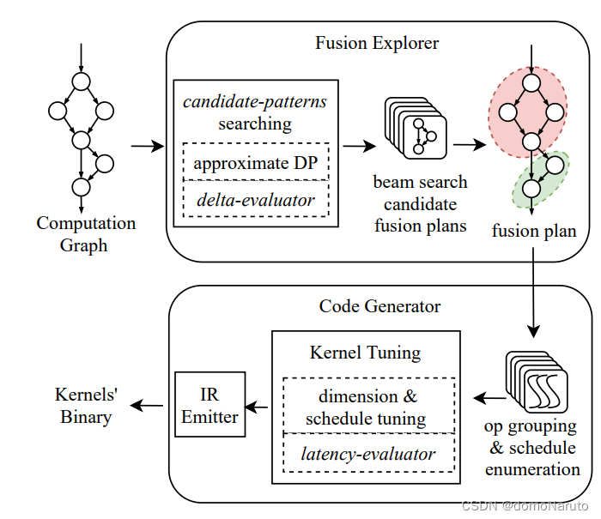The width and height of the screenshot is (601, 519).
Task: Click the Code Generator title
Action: (x=379, y=306)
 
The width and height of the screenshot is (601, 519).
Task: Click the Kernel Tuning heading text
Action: (x=366, y=352)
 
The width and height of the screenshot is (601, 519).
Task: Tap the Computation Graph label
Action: (x=86, y=234)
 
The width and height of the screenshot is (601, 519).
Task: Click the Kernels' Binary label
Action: (x=86, y=406)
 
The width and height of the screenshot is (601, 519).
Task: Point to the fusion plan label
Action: (x=533, y=232)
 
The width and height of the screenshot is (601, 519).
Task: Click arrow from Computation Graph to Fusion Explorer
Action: (x=147, y=147)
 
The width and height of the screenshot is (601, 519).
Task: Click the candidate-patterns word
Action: (x=254, y=102)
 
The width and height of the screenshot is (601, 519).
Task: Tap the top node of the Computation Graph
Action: (x=81, y=81)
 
